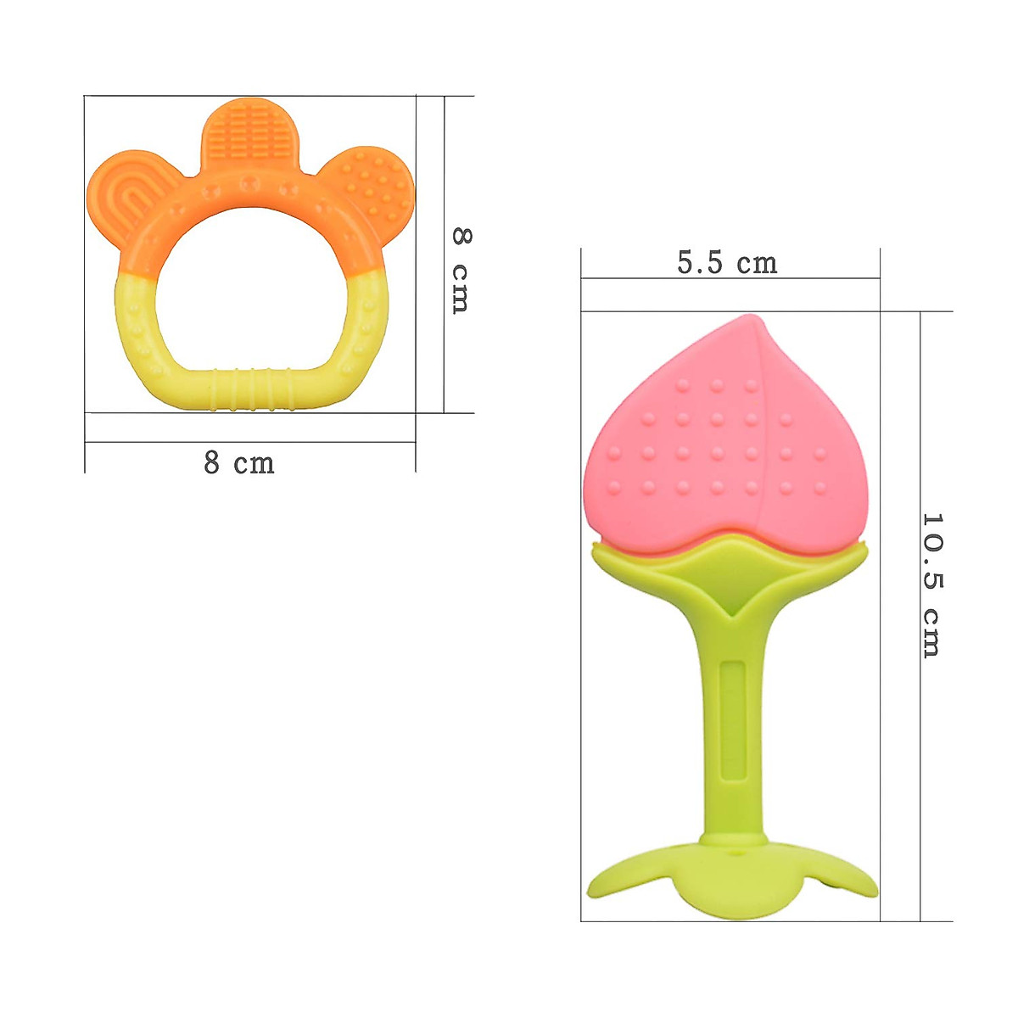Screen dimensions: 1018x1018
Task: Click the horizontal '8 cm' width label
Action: click(239, 463)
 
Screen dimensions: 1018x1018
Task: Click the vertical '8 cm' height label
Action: click(460, 271)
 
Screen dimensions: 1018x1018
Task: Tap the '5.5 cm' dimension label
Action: click(727, 264)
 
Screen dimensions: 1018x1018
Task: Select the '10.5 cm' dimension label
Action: click(931, 585)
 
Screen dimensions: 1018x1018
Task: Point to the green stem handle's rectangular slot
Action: click(729, 721)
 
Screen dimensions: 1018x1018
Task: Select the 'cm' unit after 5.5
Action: click(757, 264)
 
